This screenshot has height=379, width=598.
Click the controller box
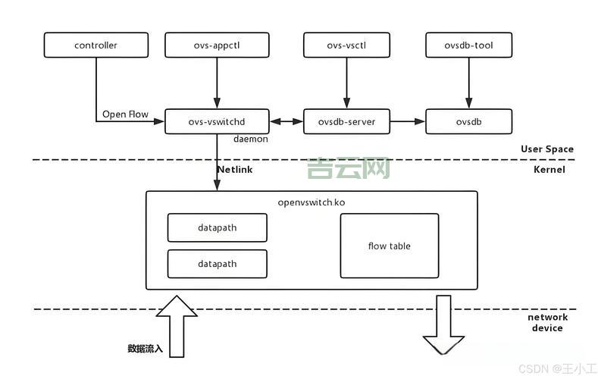click(x=95, y=45)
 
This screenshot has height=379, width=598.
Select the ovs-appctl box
click(x=217, y=45)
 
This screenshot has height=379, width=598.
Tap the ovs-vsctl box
click(x=346, y=45)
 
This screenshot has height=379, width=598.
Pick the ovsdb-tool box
click(x=468, y=45)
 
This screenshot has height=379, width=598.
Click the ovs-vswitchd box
click(x=217, y=121)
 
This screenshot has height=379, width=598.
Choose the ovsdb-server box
click(x=346, y=121)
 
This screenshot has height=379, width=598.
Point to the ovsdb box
click(x=468, y=121)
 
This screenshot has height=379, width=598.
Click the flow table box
click(x=389, y=246)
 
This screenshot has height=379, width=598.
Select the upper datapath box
click(x=217, y=227)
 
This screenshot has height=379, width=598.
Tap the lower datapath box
click(x=217, y=264)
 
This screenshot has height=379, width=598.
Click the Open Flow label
click(x=125, y=115)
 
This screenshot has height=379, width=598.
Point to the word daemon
click(x=250, y=139)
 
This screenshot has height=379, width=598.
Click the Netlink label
click(x=235, y=170)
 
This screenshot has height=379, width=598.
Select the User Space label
click(x=546, y=149)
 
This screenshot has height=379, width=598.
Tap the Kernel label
click(x=549, y=170)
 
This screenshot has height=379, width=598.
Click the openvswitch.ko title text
click(x=312, y=202)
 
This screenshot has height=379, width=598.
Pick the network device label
click(x=547, y=323)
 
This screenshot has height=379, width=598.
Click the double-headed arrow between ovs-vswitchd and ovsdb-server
click(x=286, y=121)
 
